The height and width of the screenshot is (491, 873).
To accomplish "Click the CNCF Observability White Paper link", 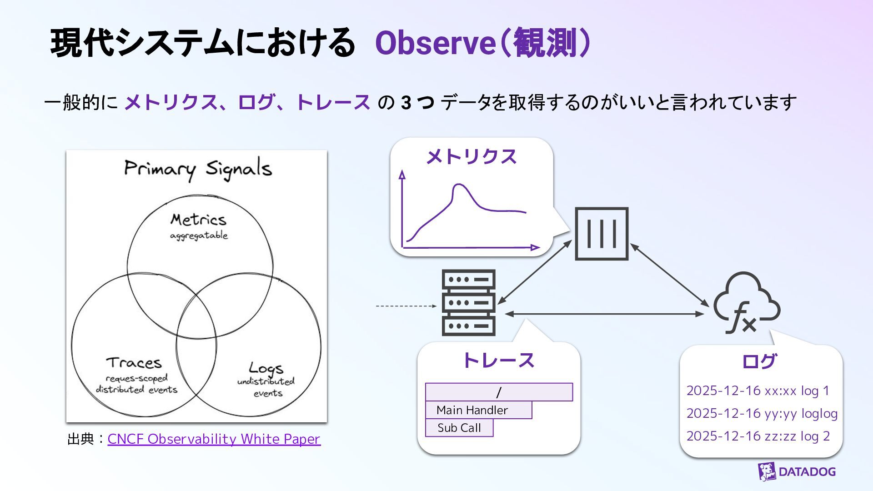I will click(x=214, y=439).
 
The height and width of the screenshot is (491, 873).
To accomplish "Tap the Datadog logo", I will click(x=797, y=471).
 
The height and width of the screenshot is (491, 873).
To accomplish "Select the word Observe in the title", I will click(x=435, y=43).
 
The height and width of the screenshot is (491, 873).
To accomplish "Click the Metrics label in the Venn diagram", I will click(x=198, y=220).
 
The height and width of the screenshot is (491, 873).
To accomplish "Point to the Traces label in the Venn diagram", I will click(x=134, y=363).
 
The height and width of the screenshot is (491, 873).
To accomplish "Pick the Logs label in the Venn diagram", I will click(x=266, y=367).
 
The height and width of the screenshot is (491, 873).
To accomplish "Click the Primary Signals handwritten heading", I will click(x=198, y=169).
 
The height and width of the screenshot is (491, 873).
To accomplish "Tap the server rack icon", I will click(x=468, y=302).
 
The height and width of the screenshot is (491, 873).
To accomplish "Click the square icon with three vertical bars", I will click(x=602, y=234).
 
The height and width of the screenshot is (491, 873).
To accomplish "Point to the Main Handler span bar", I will click(x=478, y=410).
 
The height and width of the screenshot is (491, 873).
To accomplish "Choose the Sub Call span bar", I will click(x=459, y=428).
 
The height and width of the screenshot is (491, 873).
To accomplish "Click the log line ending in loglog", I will click(x=762, y=413).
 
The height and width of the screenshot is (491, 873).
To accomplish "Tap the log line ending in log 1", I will click(x=758, y=391).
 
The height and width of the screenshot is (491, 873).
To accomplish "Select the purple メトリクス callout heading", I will click(x=471, y=157).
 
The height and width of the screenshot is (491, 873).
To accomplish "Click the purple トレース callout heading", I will click(x=498, y=361).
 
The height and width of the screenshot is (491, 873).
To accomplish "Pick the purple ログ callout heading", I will click(x=759, y=361).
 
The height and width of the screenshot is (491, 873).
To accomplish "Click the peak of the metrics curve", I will click(x=459, y=185).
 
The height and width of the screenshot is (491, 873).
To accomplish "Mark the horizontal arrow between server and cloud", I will click(x=605, y=314).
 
